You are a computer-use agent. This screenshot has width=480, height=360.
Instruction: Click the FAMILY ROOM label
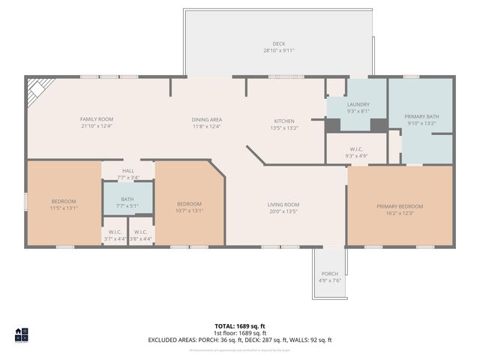tap(97, 119)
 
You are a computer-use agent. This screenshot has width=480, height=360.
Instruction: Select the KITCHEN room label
tap(283, 121)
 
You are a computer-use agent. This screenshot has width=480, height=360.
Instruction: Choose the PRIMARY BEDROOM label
tap(400, 206)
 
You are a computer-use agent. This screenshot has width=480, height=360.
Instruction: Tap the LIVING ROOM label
tap(283, 205)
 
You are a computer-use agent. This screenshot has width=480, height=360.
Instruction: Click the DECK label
tap(279, 44)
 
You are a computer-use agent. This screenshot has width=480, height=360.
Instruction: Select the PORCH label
tap(329, 274)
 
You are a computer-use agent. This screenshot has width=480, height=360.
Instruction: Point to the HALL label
tap(128, 172)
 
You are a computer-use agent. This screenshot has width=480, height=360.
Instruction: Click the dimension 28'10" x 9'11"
tap(279, 51)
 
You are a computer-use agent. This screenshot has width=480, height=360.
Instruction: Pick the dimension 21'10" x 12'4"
tap(97, 126)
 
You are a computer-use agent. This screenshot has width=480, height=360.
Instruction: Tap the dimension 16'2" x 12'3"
tap(400, 213)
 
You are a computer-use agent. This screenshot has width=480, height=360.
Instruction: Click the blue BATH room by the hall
tap(127, 200)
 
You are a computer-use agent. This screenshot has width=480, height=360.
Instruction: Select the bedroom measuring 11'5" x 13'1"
tap(64, 204)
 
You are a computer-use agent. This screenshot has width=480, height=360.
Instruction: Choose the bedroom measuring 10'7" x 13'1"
tap(189, 206)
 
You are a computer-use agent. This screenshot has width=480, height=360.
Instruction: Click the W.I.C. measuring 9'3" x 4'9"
tap(356, 151)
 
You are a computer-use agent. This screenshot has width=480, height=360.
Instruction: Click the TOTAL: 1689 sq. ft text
tap(240, 326)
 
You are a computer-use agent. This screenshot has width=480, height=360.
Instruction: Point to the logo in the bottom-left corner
tap(22, 335)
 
